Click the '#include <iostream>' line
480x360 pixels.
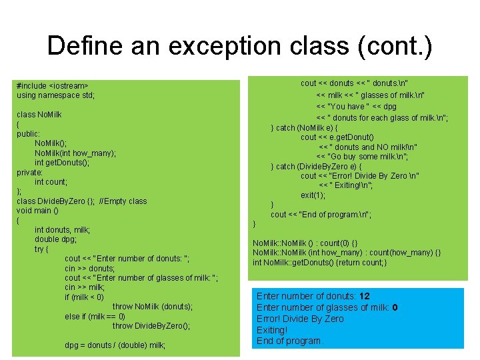tap(53, 86)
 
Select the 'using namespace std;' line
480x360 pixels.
tap(55, 95)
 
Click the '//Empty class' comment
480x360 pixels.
tap(123, 201)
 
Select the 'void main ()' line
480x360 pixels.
tap(37, 211)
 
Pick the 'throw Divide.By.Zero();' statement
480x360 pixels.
tap(151, 326)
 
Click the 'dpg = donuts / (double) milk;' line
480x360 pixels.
tap(115, 345)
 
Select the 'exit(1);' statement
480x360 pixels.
tap(313, 195)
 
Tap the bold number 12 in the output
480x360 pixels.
tap(364, 296)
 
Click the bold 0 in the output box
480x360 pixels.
tap(395, 307)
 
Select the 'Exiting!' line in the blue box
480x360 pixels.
tap(271, 330)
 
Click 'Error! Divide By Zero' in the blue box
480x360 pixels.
tap(300, 319)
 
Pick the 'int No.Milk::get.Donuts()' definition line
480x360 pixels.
tap(319, 262)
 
